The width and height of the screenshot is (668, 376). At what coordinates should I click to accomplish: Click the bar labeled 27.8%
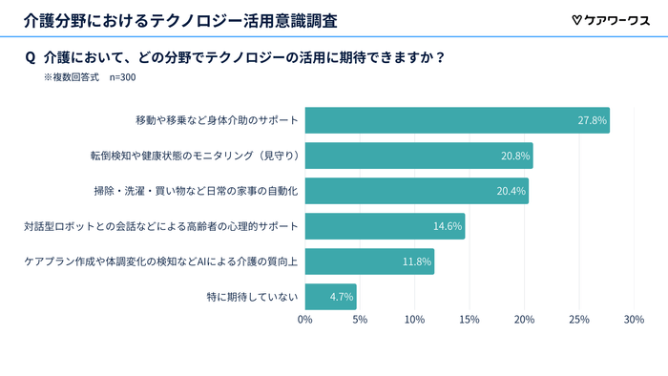[456, 120]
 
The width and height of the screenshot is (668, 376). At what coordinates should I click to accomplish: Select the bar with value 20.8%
[418, 156]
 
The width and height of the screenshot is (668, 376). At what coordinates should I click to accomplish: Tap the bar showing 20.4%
[416, 191]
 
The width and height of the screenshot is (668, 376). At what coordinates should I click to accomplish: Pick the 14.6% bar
[385, 226]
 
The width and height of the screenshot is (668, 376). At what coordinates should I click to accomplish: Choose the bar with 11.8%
[369, 261]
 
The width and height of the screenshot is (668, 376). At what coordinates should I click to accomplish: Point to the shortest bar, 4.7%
[330, 297]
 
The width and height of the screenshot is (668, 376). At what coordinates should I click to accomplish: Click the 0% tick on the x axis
[305, 320]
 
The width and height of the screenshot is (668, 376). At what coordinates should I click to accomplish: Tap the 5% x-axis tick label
[360, 320]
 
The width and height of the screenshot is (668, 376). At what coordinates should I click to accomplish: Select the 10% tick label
[414, 320]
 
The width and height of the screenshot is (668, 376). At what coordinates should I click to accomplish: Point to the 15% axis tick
[470, 320]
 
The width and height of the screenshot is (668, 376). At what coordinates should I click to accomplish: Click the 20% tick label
[524, 320]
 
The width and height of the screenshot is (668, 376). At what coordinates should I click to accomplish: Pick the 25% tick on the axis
[579, 320]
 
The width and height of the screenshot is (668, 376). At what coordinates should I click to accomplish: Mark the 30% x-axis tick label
[634, 320]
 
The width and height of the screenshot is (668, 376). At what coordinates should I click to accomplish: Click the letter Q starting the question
[31, 58]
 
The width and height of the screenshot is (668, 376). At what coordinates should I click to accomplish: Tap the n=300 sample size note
[122, 77]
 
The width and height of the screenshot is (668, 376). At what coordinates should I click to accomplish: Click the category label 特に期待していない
[253, 297]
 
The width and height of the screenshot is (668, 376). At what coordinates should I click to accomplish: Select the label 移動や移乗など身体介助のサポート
[218, 120]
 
